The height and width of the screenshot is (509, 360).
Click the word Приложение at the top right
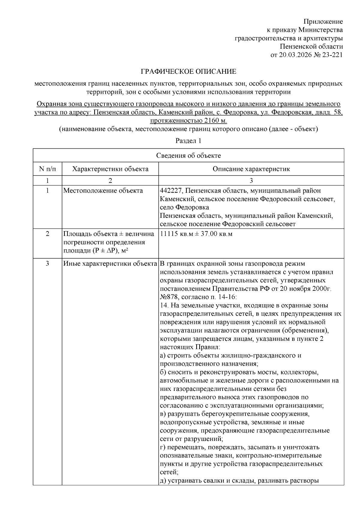[323, 22]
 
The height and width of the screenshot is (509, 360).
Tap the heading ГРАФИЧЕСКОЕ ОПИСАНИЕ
[188, 72]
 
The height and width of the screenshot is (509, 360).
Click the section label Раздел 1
[188, 141]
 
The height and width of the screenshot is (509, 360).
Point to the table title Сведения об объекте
[188, 155]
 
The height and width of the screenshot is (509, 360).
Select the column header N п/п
[47, 169]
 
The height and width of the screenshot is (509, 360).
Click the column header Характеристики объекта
[110, 169]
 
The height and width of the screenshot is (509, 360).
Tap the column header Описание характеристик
[251, 169]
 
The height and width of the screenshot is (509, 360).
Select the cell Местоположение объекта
[103, 191]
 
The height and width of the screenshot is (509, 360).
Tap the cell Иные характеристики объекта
[110, 264]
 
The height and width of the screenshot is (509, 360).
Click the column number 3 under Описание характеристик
[251, 180]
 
